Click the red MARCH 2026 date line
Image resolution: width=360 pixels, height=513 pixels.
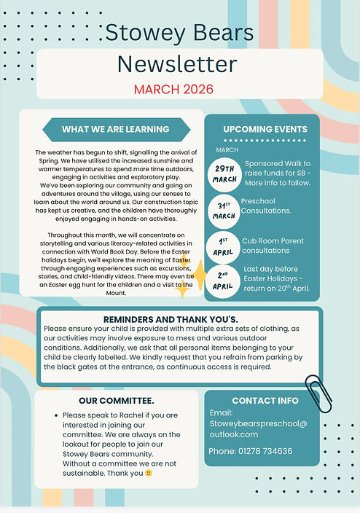173,89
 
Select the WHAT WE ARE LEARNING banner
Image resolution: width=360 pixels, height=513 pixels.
115,130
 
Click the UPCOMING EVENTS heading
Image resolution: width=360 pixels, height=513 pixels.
265,130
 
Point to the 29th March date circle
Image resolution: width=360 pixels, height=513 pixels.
224,173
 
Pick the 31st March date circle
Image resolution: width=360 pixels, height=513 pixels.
224,210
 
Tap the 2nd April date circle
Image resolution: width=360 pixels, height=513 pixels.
224,280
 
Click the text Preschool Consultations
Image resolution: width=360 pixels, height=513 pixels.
266,205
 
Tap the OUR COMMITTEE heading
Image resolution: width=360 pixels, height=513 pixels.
116,401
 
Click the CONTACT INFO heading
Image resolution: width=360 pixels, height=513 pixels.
265,401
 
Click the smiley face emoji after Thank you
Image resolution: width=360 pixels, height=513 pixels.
149,472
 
